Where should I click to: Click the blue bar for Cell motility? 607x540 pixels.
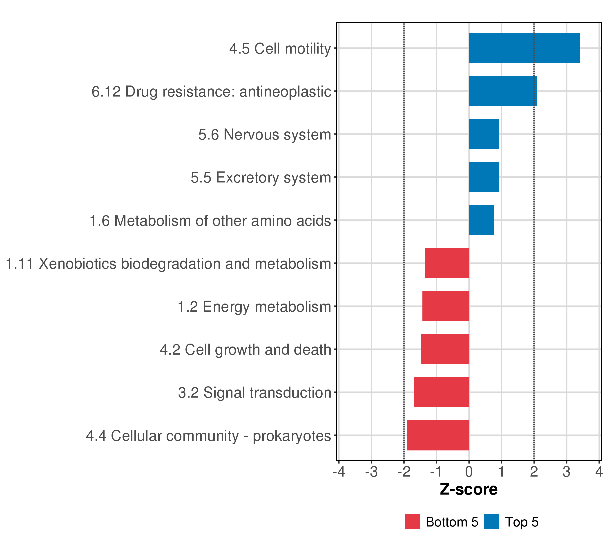click(x=524, y=48)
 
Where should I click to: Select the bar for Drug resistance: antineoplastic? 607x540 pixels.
click(x=502, y=91)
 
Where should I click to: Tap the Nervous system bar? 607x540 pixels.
click(x=484, y=134)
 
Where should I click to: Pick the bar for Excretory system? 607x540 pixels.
click(x=484, y=177)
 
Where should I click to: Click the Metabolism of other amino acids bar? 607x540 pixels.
click(x=481, y=220)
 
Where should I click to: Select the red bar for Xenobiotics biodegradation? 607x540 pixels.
click(x=447, y=263)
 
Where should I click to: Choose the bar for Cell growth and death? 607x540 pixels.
click(x=445, y=349)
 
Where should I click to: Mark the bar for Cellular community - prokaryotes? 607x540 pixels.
click(x=437, y=435)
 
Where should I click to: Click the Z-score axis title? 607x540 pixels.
click(x=469, y=489)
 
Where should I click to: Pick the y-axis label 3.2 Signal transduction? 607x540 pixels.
click(x=254, y=393)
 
